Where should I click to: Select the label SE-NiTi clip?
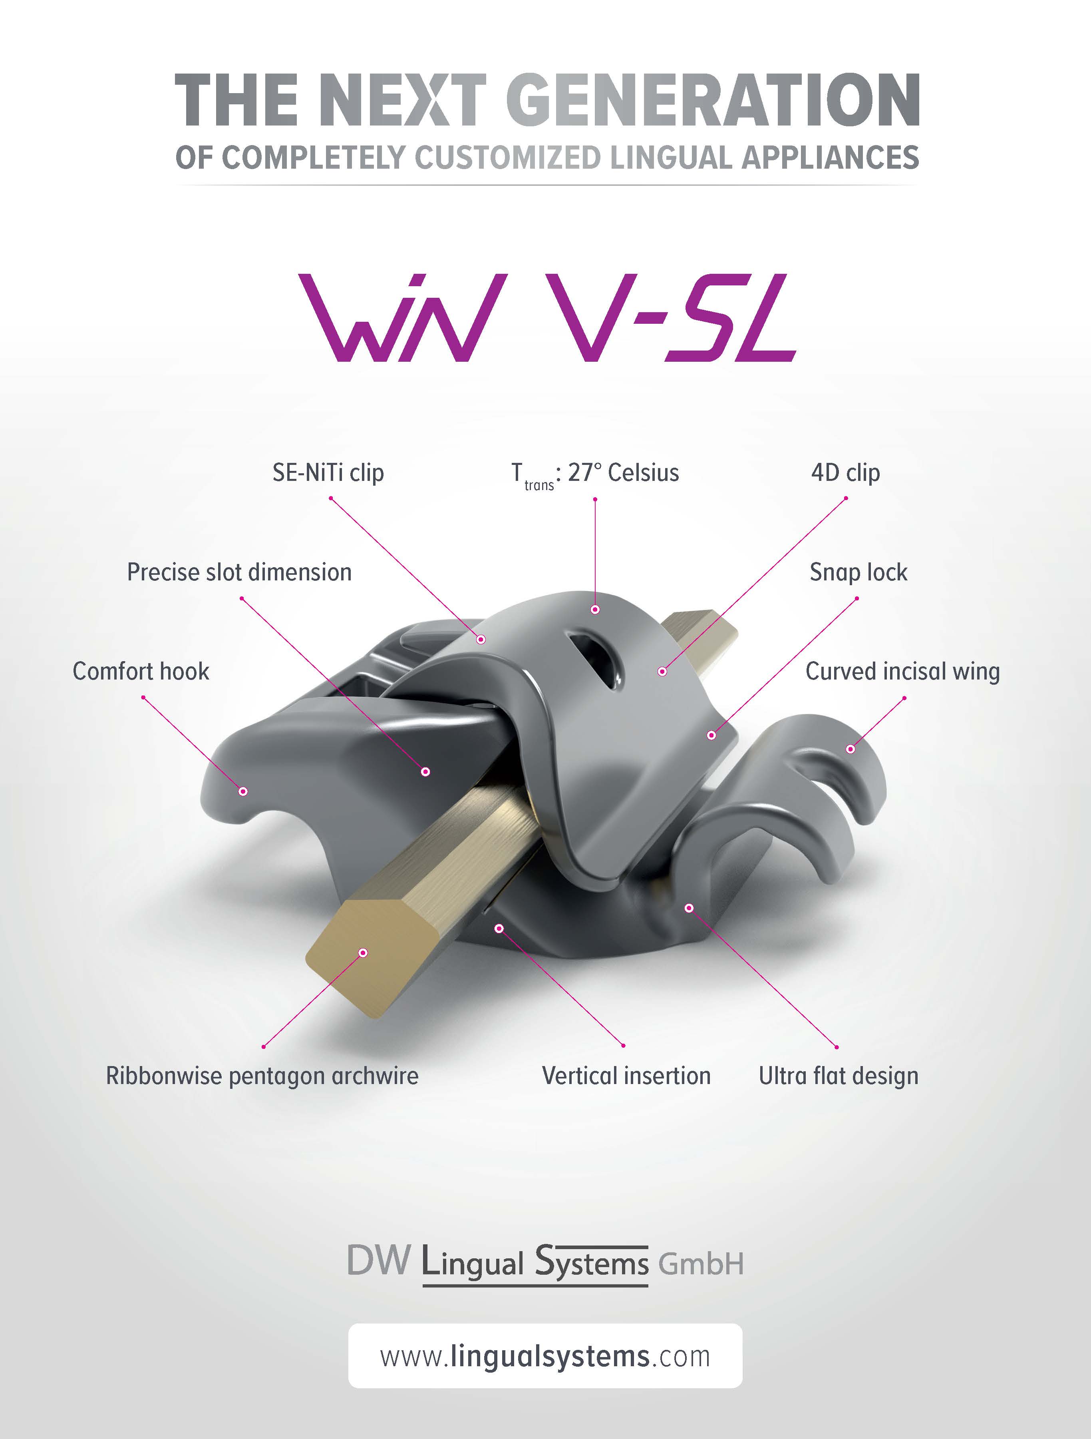[x=328, y=473]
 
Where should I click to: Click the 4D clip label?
[x=845, y=473]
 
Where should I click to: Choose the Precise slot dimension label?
[x=239, y=572]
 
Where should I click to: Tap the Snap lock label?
[x=858, y=572]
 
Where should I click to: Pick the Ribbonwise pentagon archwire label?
[x=262, y=1076]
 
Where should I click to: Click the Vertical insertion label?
[x=626, y=1076]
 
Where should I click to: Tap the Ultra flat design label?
[x=839, y=1076]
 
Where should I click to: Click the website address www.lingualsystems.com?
[x=545, y=1357]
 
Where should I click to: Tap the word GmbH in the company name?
[x=701, y=1264]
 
